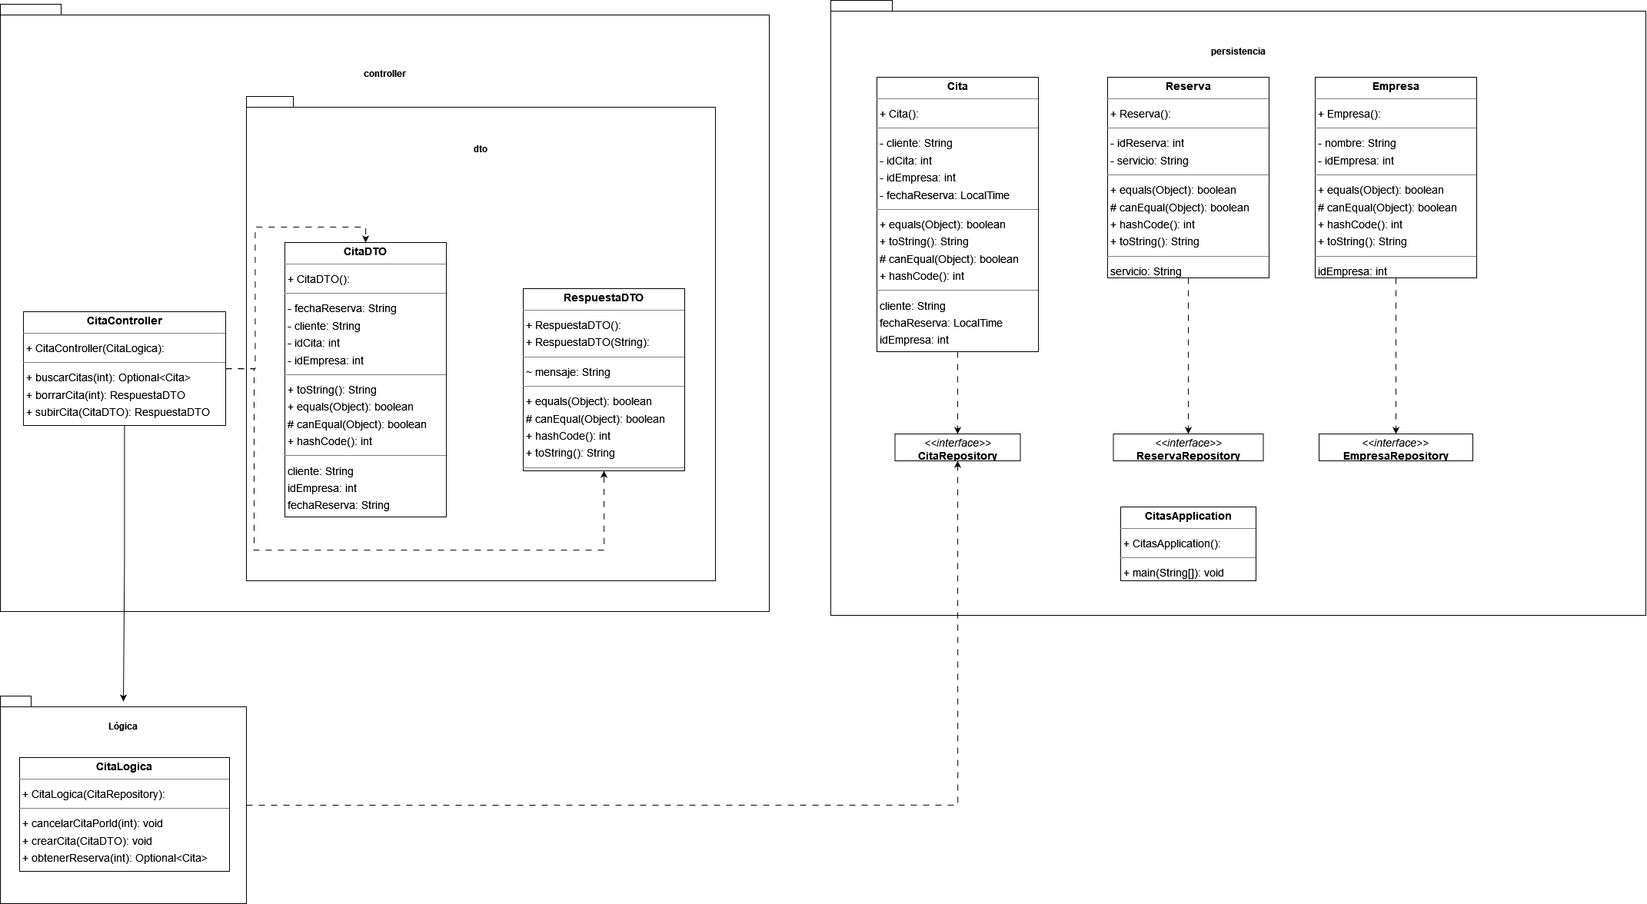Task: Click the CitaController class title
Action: click(x=124, y=321)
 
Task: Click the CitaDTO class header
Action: click(x=364, y=252)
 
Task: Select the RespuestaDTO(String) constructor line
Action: click(x=587, y=343)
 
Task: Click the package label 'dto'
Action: click(x=480, y=149)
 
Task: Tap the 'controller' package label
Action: click(x=384, y=74)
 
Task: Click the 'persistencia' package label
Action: click(x=1237, y=52)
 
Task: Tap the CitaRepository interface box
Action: click(x=957, y=448)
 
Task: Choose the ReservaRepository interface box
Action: click(x=1188, y=448)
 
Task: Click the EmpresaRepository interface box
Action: click(x=1396, y=448)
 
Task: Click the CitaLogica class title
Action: click(x=124, y=767)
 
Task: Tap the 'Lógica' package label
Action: click(x=123, y=726)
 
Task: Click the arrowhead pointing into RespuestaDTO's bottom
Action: click(x=604, y=476)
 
